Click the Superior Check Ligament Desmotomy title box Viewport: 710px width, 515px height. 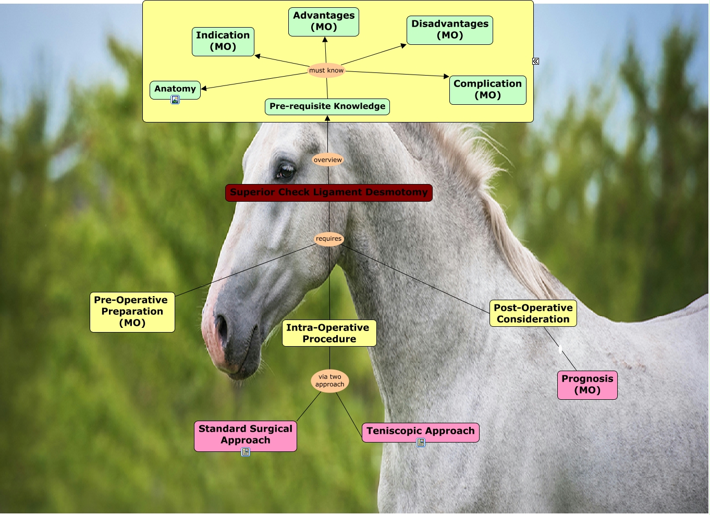pyautogui.click(x=328, y=192)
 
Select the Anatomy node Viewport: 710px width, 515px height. pyautogui.click(x=175, y=89)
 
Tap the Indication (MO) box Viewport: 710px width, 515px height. pyautogui.click(x=223, y=41)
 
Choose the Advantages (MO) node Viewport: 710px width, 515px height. pyautogui.click(x=324, y=21)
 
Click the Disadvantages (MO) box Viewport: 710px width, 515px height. pyautogui.click(x=450, y=30)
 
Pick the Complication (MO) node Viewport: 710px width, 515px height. pyautogui.click(x=487, y=90)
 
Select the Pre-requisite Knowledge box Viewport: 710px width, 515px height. pyautogui.click(x=327, y=106)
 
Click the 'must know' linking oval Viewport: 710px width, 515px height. pyautogui.click(x=326, y=70)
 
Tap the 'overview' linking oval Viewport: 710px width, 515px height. pyautogui.click(x=328, y=160)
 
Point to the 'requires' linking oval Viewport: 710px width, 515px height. pyautogui.click(x=329, y=239)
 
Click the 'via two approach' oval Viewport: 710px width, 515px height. pyautogui.click(x=329, y=381)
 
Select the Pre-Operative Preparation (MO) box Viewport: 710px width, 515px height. pyautogui.click(x=132, y=312)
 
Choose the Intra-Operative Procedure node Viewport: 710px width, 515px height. pyautogui.click(x=329, y=333)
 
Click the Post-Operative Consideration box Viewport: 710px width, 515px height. pyautogui.click(x=533, y=313)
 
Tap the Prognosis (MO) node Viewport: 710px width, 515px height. pyautogui.click(x=587, y=385)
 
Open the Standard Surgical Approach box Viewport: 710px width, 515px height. pyautogui.click(x=246, y=435)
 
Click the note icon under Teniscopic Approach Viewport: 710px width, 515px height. pyautogui.click(x=421, y=443)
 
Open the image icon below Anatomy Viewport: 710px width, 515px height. pyautogui.click(x=175, y=100)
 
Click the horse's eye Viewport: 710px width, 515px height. pyautogui.click(x=286, y=170)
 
